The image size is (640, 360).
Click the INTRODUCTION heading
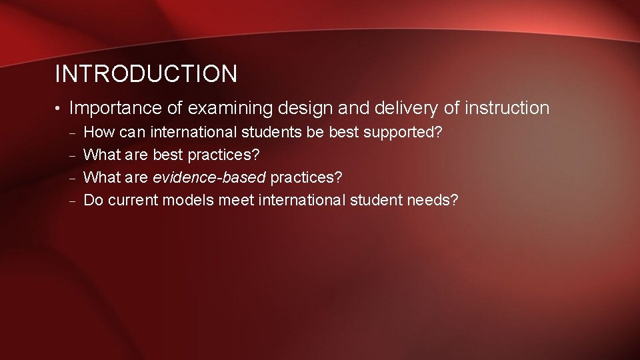click(145, 74)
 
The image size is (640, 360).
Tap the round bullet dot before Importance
click(59, 109)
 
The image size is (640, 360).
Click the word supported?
click(403, 132)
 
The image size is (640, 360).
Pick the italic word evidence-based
click(209, 177)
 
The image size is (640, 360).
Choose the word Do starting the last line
click(94, 200)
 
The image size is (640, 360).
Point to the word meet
click(235, 200)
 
